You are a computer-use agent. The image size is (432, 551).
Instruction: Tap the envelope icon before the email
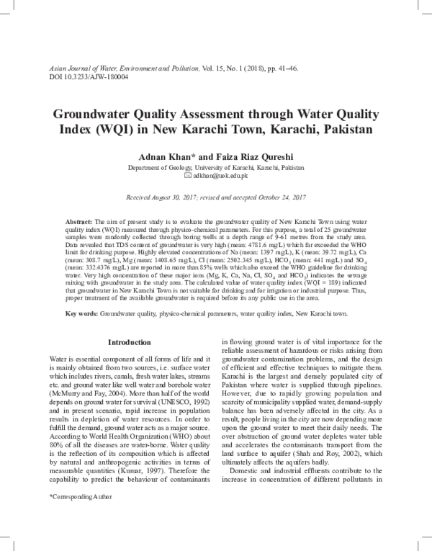[189, 175]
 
